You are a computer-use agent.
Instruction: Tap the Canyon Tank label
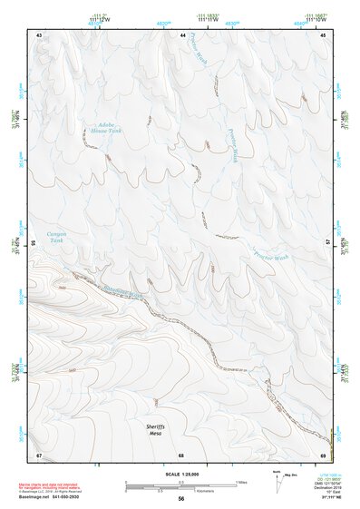(57, 237)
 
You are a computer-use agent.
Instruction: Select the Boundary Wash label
(124, 291)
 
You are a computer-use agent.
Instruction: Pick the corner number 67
(39, 454)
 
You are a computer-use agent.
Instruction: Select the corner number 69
(324, 454)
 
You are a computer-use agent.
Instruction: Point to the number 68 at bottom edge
(181, 455)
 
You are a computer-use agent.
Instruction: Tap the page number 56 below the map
(181, 499)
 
